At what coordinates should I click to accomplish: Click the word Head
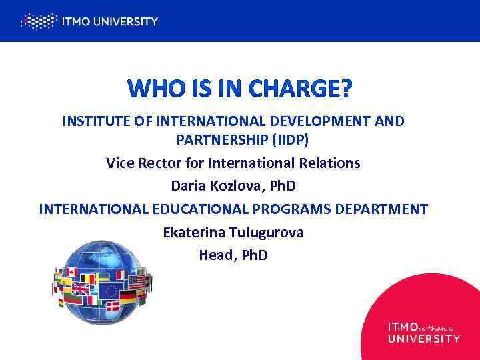[217, 255]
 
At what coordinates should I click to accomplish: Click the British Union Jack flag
[81, 289]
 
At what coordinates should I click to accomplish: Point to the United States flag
[137, 282]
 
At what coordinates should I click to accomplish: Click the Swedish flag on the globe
[102, 277]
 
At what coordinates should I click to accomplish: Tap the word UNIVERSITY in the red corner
[423, 339]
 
